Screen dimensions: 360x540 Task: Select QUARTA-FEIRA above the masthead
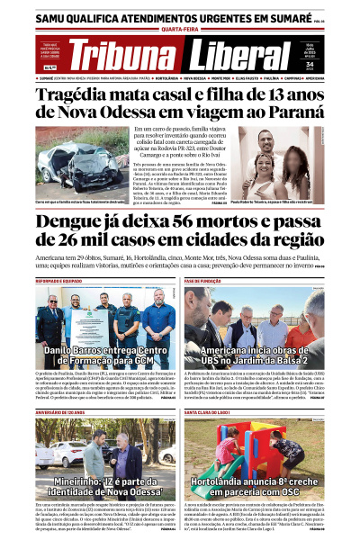pos(179,29)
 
